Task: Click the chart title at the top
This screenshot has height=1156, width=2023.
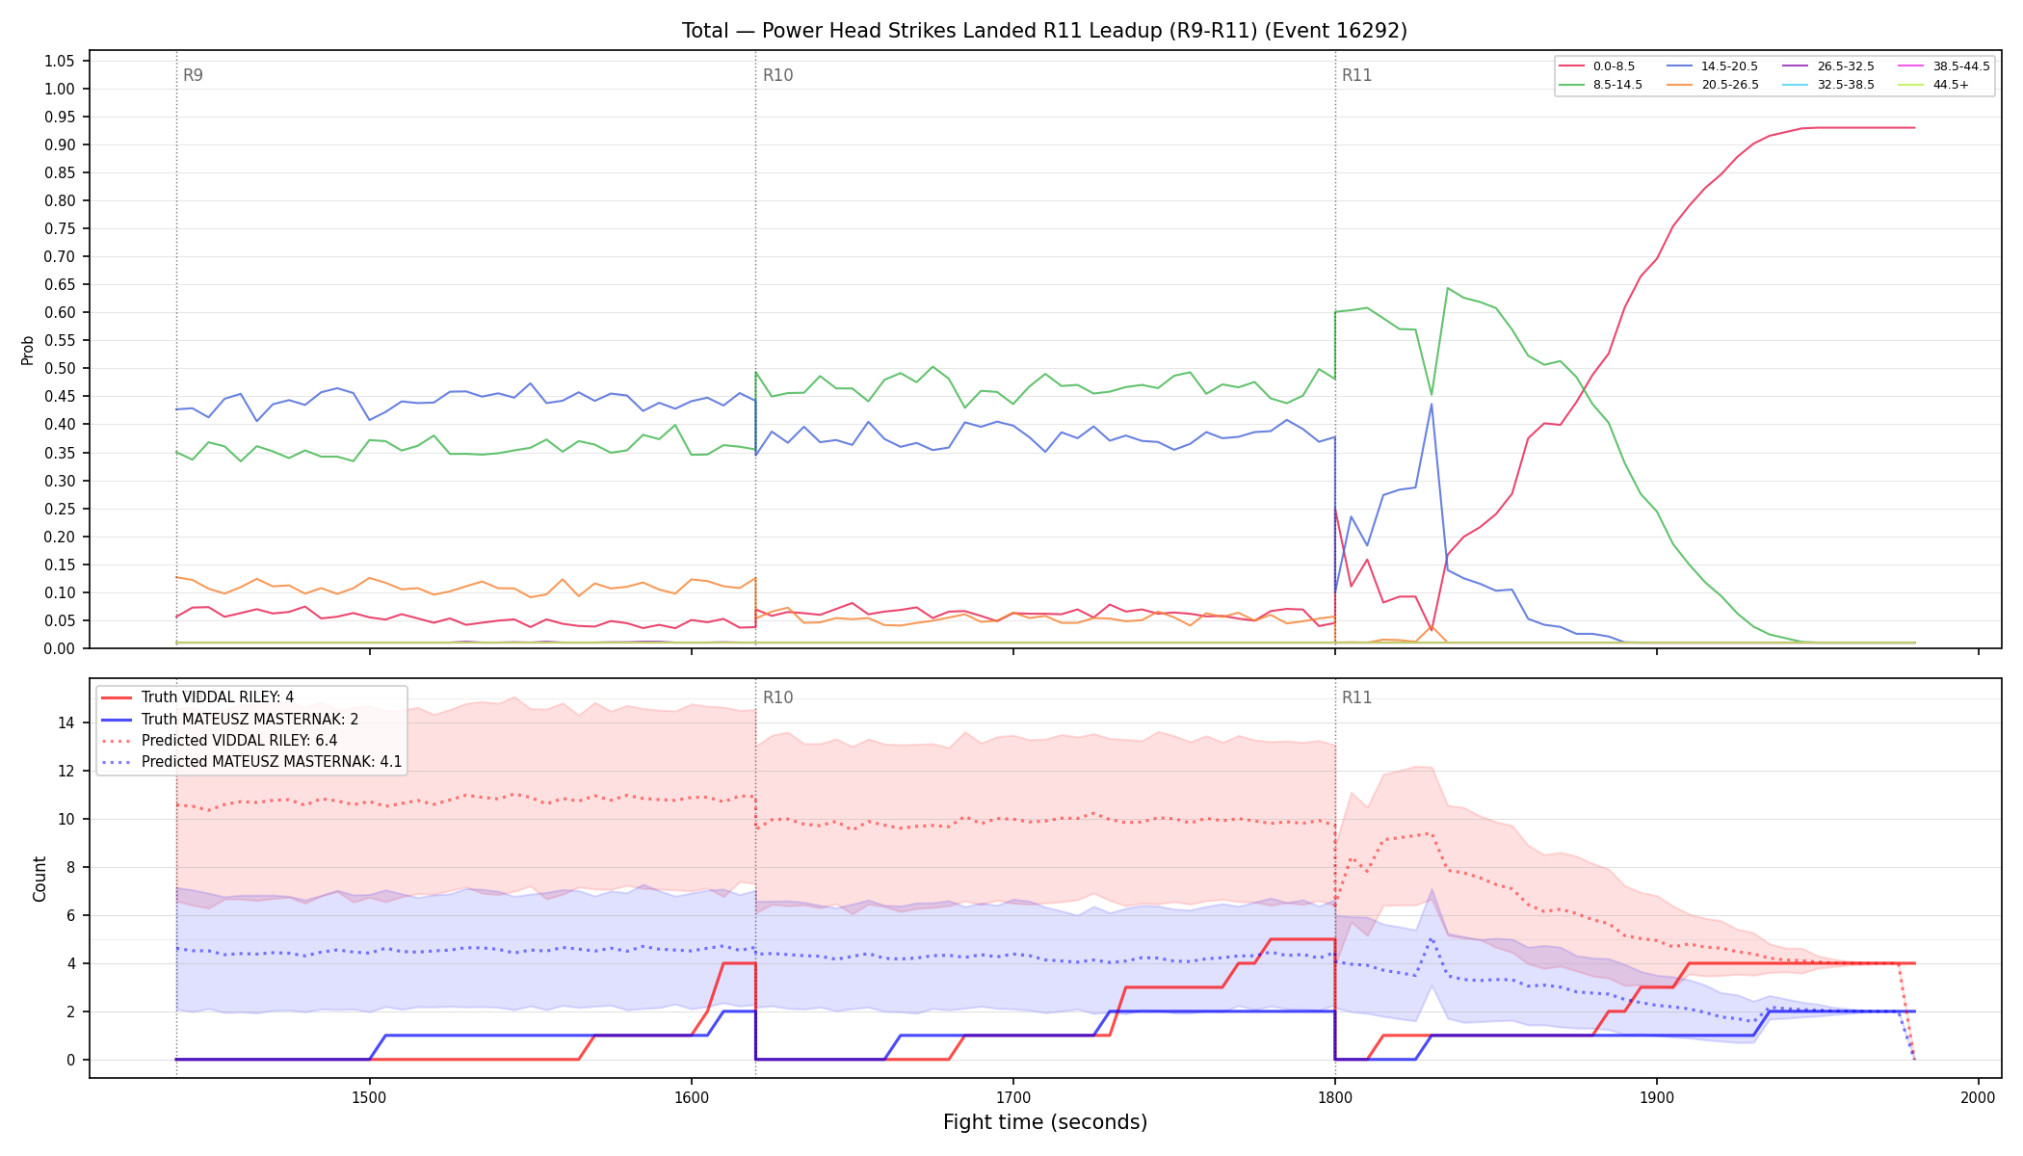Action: point(1044,31)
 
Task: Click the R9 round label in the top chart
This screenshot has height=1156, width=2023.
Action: point(193,75)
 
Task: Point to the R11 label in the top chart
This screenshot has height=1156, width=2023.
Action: point(1356,75)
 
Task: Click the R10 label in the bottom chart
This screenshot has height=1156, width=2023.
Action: point(777,697)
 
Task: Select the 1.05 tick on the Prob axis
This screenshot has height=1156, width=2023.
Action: point(60,61)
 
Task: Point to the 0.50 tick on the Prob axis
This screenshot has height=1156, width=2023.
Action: point(60,368)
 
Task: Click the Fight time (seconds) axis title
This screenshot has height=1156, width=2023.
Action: point(1045,1122)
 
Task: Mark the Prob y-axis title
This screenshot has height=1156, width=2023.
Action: point(28,350)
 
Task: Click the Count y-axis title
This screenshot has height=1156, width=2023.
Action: point(39,879)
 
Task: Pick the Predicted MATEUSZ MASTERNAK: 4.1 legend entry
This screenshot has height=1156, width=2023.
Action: point(251,762)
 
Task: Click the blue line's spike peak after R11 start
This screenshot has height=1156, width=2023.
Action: point(1432,404)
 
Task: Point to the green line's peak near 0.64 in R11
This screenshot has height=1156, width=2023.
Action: point(1448,288)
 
